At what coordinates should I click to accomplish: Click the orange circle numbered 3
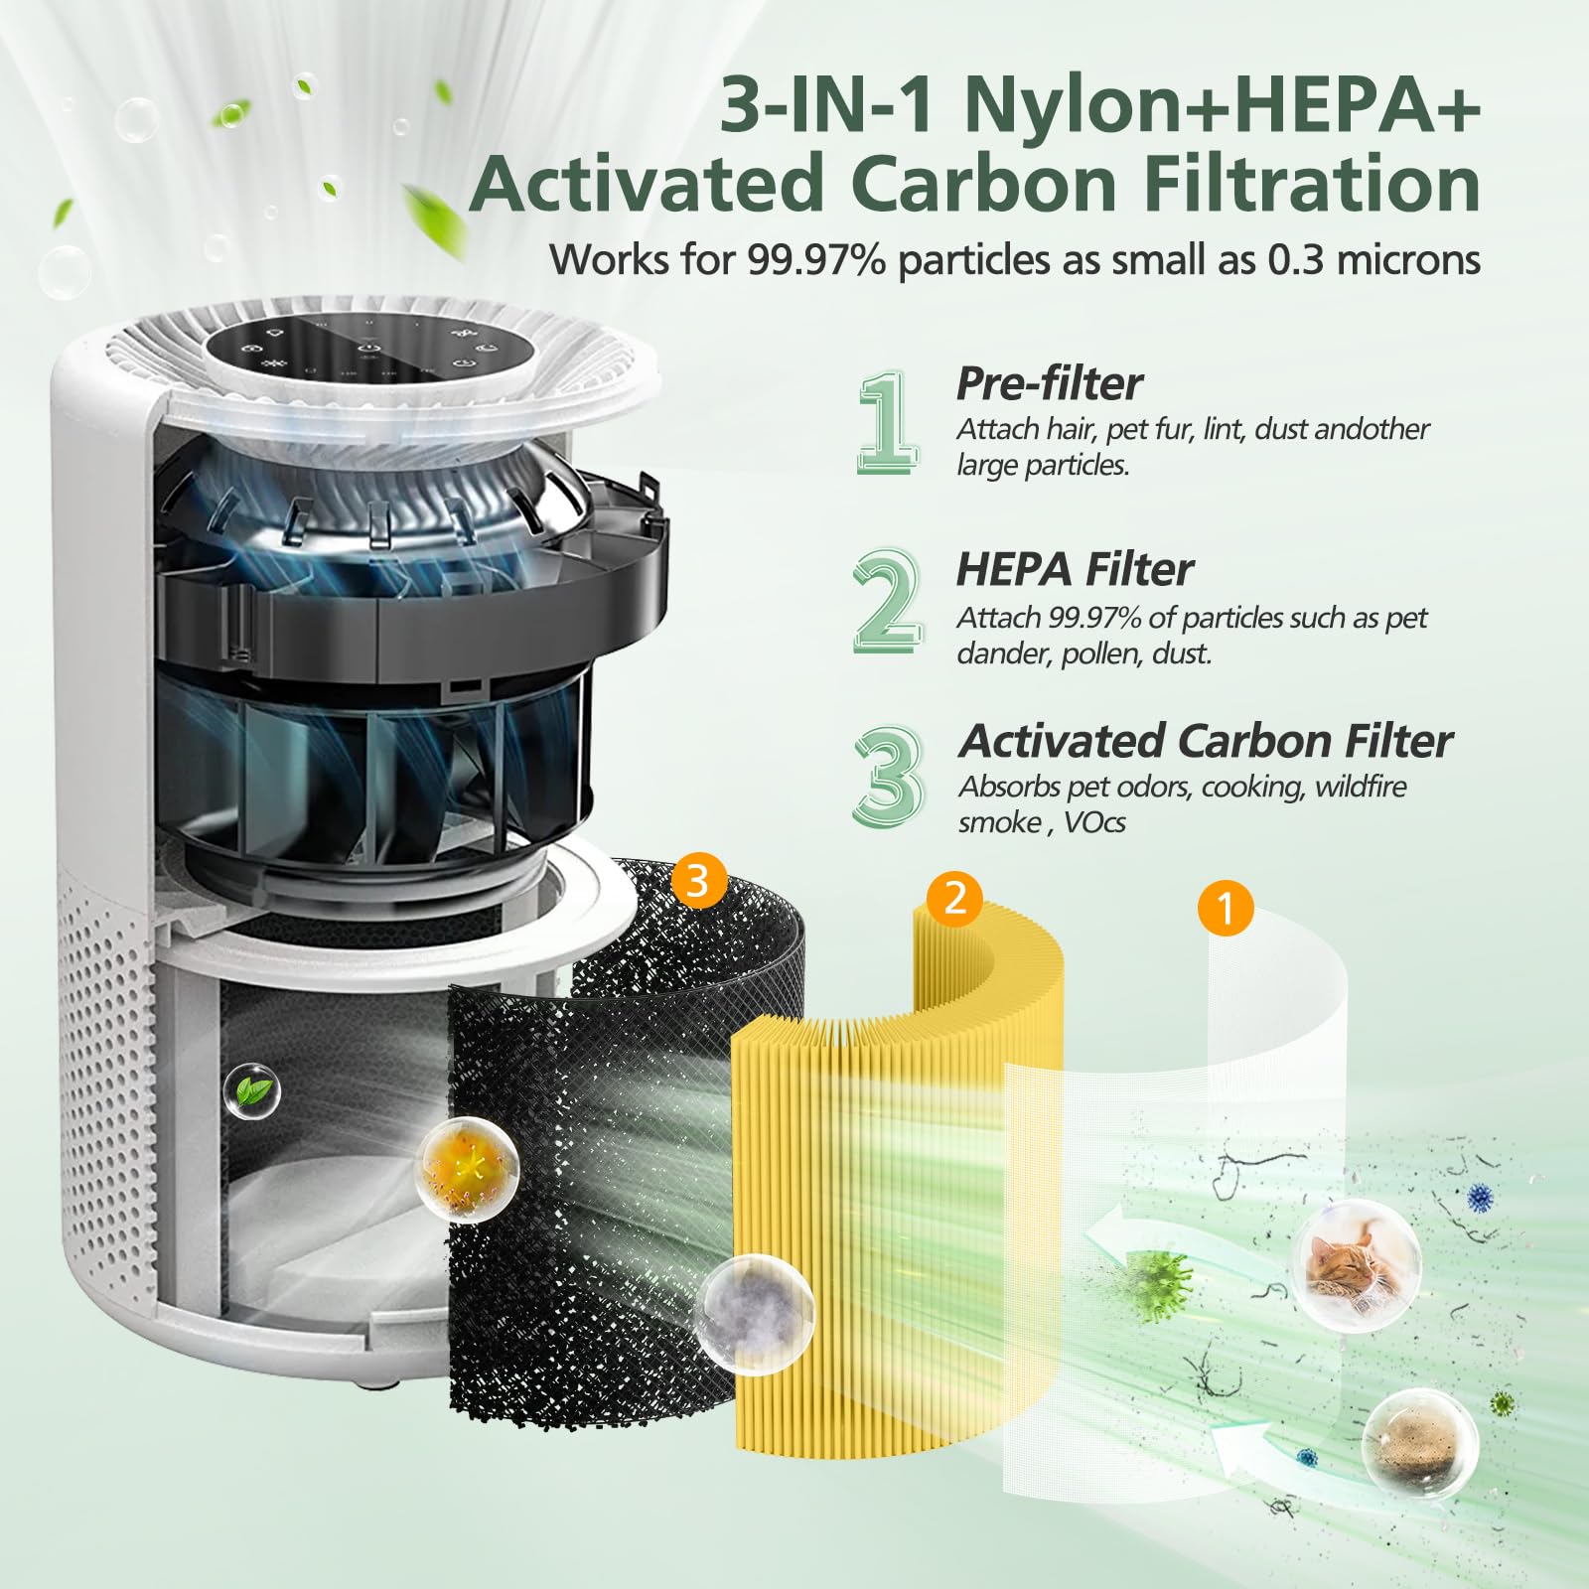(x=698, y=880)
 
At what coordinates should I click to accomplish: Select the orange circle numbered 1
(x=1226, y=908)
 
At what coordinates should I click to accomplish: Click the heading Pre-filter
(x=1049, y=383)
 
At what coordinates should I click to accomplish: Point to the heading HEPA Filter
(x=1075, y=569)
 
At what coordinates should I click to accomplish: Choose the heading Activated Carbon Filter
(x=1205, y=741)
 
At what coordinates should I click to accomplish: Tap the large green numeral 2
(x=886, y=602)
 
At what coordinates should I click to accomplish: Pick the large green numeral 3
(x=887, y=776)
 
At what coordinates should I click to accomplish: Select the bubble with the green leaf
(x=253, y=1091)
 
